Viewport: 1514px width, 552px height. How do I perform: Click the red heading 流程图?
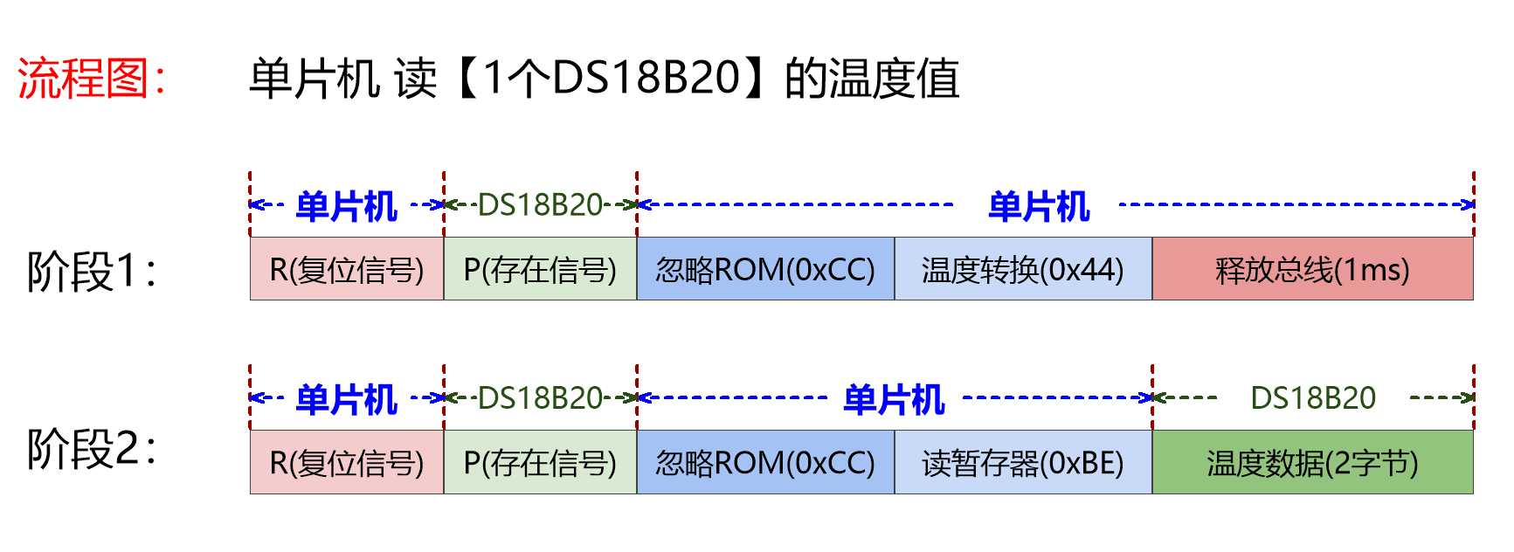pyautogui.click(x=91, y=79)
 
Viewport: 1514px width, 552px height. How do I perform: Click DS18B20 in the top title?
pyautogui.click(x=646, y=78)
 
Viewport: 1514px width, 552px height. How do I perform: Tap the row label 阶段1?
pyautogui.click(x=91, y=271)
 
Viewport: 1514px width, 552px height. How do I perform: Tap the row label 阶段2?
pyautogui.click(x=91, y=449)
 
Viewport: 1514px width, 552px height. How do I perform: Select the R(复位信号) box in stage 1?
pyautogui.click(x=347, y=269)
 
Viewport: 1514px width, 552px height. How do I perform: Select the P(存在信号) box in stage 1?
pyautogui.click(x=540, y=269)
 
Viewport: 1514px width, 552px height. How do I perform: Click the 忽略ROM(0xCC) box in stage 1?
pyautogui.click(x=765, y=269)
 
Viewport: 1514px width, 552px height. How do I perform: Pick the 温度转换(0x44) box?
pyautogui.click(x=1023, y=269)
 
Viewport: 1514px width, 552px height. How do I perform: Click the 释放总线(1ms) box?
pyautogui.click(x=1312, y=269)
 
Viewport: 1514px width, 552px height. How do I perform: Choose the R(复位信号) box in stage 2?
pyautogui.click(x=347, y=462)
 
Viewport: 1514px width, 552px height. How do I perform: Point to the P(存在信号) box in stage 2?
pyautogui.click(x=540, y=462)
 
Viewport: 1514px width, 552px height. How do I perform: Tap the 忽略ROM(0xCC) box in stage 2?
pyautogui.click(x=765, y=462)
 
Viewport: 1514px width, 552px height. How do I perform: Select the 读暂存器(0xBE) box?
pyautogui.click(x=1023, y=462)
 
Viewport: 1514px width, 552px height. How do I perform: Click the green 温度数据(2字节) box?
pyautogui.click(x=1312, y=462)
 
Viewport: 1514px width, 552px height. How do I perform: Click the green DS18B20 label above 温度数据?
pyautogui.click(x=1313, y=398)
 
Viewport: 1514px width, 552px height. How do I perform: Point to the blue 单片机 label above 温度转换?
pyautogui.click(x=1039, y=206)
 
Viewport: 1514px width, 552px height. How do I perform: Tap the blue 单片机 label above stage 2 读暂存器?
pyautogui.click(x=894, y=399)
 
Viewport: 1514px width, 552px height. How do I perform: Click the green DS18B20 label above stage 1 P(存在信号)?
pyautogui.click(x=540, y=205)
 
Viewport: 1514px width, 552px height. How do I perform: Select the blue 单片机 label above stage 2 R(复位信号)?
pyautogui.click(x=347, y=399)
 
